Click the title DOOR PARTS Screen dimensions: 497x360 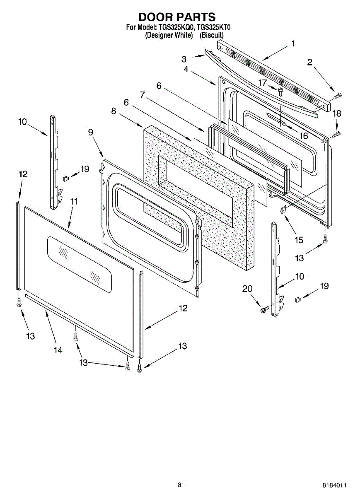(x=177, y=17)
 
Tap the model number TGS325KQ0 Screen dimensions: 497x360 (x=176, y=28)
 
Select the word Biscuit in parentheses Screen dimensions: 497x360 (x=212, y=35)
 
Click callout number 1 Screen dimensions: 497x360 (x=293, y=43)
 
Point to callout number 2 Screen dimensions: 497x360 (x=309, y=63)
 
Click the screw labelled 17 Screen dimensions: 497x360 (x=280, y=90)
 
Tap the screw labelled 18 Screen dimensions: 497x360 (x=337, y=133)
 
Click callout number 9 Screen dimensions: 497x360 (x=90, y=132)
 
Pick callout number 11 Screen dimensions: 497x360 (x=74, y=201)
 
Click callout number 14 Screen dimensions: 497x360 (x=58, y=350)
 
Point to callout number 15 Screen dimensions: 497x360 (x=299, y=240)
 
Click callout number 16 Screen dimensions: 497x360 (x=304, y=135)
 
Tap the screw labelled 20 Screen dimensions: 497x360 (x=263, y=309)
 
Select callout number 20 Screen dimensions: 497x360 (x=247, y=290)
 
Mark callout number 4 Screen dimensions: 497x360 (x=186, y=70)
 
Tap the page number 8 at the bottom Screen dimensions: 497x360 (x=179, y=485)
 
